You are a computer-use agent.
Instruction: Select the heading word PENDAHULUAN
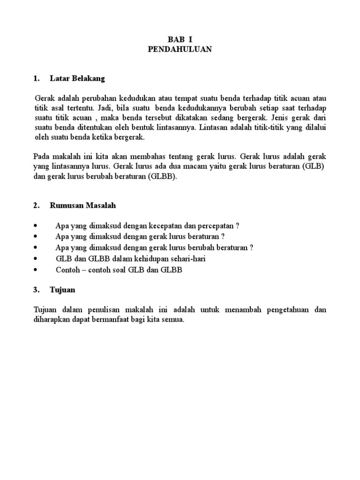coord(180,50)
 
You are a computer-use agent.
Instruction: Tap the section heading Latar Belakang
coord(77,78)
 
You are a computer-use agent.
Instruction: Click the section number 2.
coord(36,205)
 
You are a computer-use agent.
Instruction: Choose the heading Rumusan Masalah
coord(82,205)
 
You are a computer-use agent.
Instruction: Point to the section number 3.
coord(36,290)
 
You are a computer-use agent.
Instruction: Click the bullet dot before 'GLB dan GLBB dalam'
coord(36,259)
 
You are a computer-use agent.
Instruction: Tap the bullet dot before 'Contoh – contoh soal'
coord(36,270)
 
